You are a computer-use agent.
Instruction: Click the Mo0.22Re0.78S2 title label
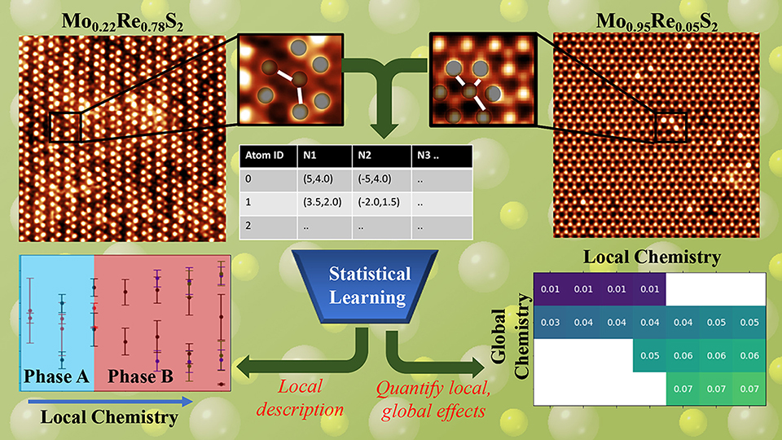point(122,21)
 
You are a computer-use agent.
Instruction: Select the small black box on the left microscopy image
point(65,127)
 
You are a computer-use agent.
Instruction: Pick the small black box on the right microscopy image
point(671,128)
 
